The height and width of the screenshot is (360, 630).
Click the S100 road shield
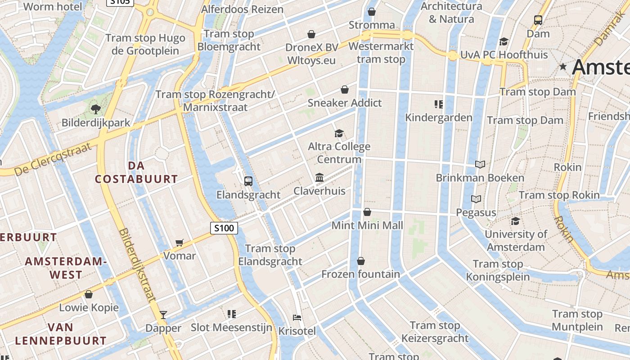click(x=224, y=228)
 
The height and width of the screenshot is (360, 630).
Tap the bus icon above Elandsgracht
click(x=248, y=181)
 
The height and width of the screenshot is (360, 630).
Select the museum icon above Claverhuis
click(x=319, y=178)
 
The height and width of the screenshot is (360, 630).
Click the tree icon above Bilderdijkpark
click(x=95, y=108)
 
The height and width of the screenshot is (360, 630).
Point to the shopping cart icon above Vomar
click(x=180, y=243)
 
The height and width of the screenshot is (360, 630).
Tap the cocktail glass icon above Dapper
click(x=163, y=315)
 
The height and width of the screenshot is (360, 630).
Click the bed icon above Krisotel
click(x=297, y=318)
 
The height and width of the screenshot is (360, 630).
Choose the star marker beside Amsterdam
click(x=562, y=67)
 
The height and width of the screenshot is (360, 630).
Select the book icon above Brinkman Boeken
click(x=480, y=164)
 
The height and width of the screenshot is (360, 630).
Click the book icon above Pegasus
click(x=476, y=199)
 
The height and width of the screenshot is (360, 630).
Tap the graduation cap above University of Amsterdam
click(x=515, y=221)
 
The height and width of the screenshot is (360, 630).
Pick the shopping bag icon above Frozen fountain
click(x=360, y=261)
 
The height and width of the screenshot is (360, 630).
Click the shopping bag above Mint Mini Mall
click(x=367, y=212)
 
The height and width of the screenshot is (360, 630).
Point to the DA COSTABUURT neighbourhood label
click(x=136, y=172)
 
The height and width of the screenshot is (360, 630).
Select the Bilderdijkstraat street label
click(x=137, y=265)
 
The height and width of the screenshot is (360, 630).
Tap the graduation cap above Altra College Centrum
click(x=339, y=133)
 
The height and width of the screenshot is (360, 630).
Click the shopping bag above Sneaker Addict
click(x=345, y=90)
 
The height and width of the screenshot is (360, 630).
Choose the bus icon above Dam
click(x=538, y=20)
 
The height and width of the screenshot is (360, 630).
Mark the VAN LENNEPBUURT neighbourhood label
click(x=61, y=334)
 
